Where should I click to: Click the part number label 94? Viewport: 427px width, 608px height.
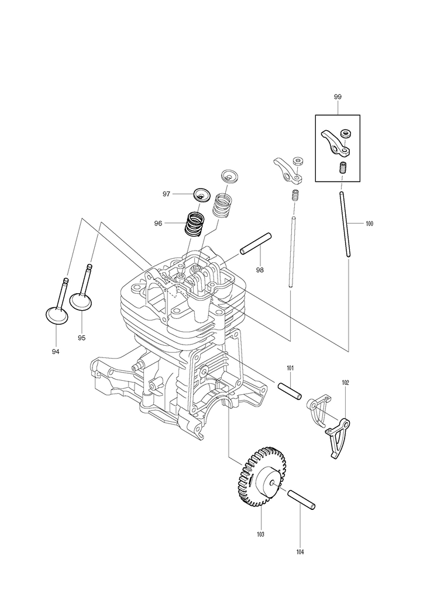(56, 352)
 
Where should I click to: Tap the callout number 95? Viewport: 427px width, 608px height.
(81, 338)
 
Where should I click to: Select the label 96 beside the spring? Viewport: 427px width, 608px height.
(159, 223)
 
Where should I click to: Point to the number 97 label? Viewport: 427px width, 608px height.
(167, 193)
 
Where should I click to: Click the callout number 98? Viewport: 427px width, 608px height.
(260, 269)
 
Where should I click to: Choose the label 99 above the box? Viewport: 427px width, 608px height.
(338, 97)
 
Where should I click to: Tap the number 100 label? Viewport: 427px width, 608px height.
(369, 223)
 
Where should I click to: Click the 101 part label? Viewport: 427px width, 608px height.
(290, 368)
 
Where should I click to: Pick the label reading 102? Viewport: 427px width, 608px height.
(345, 383)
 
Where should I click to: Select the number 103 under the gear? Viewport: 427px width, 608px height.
(260, 534)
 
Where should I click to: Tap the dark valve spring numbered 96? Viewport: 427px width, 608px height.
(194, 224)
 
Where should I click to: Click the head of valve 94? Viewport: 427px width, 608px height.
(57, 315)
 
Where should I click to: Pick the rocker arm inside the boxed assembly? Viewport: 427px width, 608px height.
(335, 144)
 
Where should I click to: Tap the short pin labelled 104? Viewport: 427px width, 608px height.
(301, 498)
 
